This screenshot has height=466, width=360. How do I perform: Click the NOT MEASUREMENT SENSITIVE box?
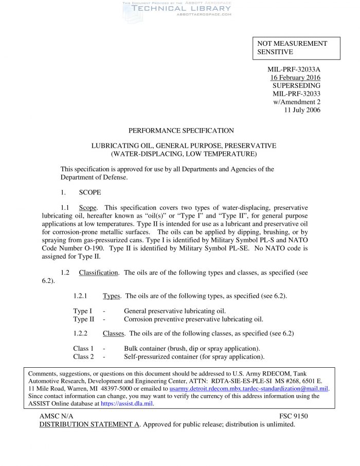(x=296, y=48)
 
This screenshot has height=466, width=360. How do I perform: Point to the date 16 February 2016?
(x=295, y=77)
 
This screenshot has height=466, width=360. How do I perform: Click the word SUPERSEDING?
(x=296, y=85)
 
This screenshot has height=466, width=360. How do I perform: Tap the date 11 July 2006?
(x=302, y=110)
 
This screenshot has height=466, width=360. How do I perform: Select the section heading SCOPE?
(x=90, y=192)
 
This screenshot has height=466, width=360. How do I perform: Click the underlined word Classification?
(x=98, y=273)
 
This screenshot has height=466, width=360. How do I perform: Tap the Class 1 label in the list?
(x=83, y=348)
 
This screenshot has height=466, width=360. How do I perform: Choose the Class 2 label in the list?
(x=83, y=356)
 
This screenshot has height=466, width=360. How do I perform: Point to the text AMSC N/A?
(x=56, y=416)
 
